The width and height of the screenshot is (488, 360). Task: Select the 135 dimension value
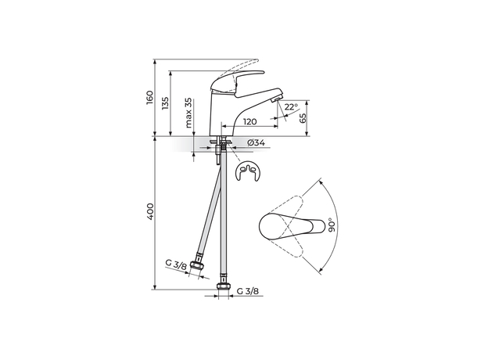(x=164, y=104)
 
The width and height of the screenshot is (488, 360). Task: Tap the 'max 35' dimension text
(x=188, y=113)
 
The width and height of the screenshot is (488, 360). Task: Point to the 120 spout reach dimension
(x=249, y=122)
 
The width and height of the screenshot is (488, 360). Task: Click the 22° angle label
(x=290, y=107)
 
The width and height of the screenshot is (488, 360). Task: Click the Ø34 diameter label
(x=256, y=143)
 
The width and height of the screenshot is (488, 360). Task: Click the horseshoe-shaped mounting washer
(x=250, y=172)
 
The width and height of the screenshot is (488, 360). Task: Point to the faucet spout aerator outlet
(x=272, y=99)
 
